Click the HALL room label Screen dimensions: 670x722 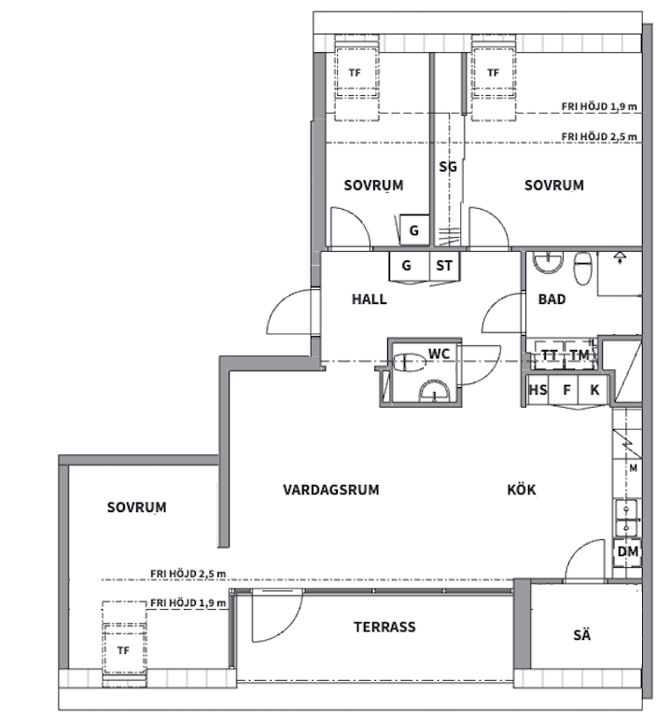[x=369, y=299]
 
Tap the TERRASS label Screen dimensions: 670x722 [x=384, y=627]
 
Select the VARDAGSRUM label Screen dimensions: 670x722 [x=331, y=490]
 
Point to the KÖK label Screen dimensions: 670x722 [x=522, y=489]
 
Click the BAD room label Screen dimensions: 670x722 [x=551, y=299]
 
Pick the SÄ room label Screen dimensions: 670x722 [x=582, y=635]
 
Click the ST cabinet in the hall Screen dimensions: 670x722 [x=444, y=266]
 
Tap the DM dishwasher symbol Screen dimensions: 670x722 [x=627, y=551]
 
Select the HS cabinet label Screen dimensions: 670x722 [x=537, y=390]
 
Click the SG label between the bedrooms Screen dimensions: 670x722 [x=448, y=166]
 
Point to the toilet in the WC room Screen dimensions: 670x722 [x=408, y=362]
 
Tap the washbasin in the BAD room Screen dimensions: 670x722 [x=548, y=262]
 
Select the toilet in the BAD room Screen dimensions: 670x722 [x=582, y=269]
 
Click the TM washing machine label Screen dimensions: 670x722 [x=579, y=355]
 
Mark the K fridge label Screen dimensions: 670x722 [x=594, y=390]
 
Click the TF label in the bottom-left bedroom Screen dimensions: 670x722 [x=123, y=650]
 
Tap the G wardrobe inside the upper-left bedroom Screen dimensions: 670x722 [x=414, y=230]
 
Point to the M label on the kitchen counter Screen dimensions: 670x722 [x=634, y=468]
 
